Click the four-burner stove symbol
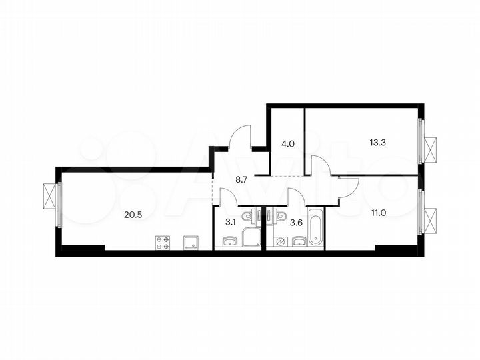(x=163, y=243)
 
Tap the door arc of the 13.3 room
(x=320, y=165)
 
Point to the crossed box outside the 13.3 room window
(x=431, y=149)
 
